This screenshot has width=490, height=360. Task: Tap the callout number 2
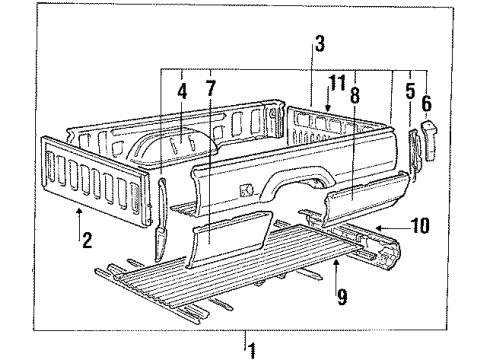coord(88,240)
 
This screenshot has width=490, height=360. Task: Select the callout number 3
coord(319,43)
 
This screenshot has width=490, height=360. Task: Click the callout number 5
coord(410,89)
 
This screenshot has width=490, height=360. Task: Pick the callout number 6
coord(427,102)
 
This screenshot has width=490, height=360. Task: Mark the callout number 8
coord(355,97)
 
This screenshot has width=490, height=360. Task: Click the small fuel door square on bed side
coord(245,188)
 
